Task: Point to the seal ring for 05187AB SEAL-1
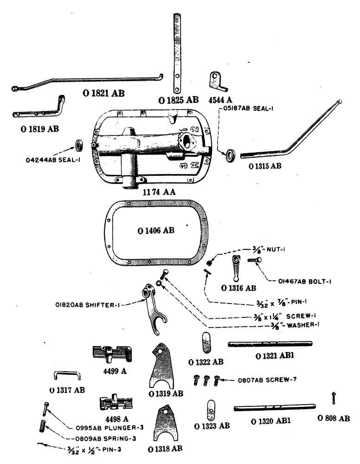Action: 230,155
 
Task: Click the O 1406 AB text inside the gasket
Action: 156,231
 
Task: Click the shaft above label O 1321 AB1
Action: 270,344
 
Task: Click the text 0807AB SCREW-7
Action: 264,380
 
